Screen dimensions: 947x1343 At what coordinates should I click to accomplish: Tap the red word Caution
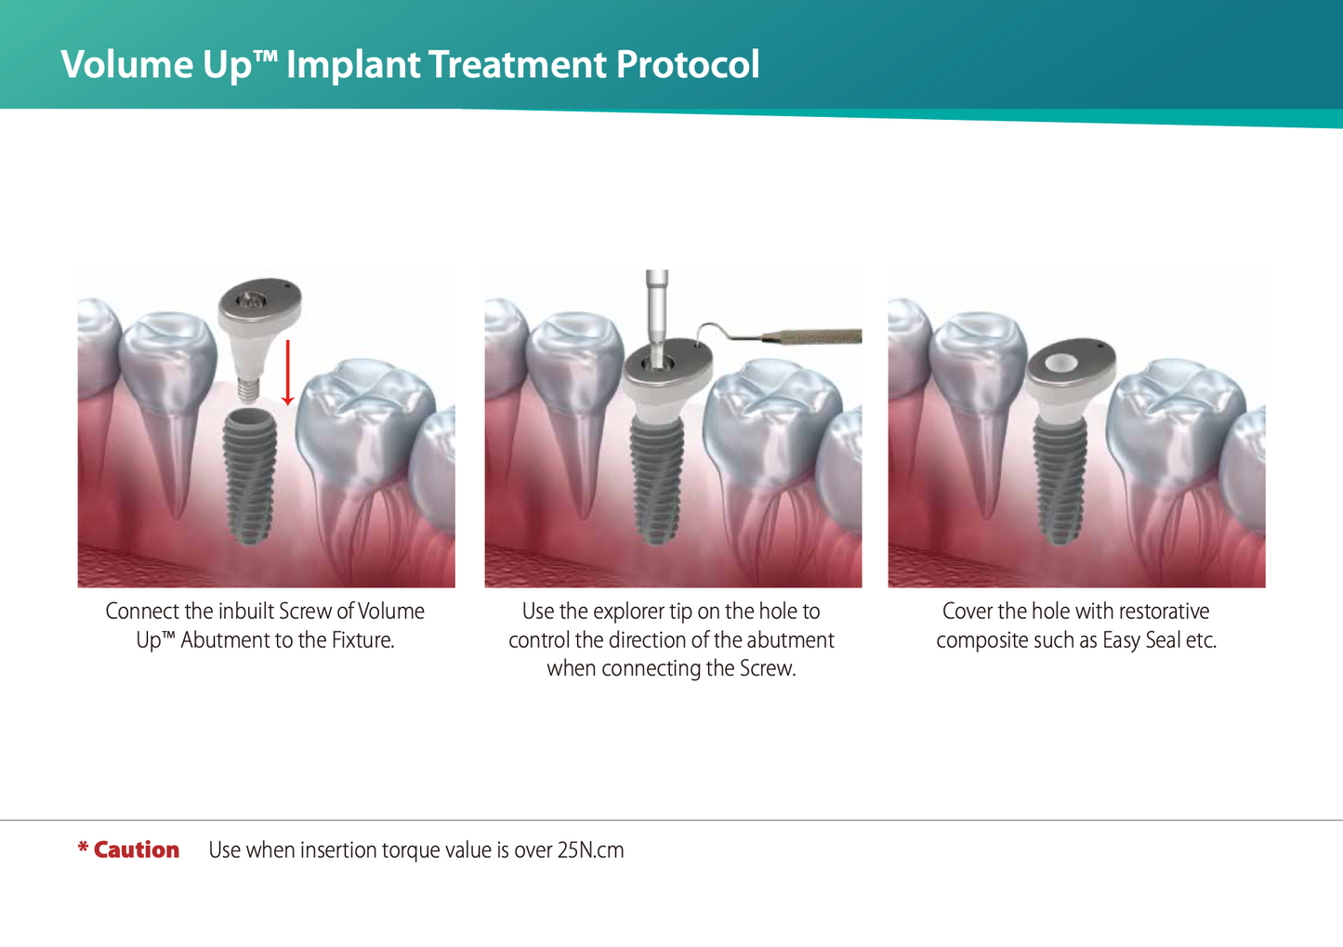pos(136,850)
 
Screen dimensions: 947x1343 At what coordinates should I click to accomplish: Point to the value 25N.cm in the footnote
pos(590,850)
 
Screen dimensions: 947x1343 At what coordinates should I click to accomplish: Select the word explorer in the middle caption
pos(628,612)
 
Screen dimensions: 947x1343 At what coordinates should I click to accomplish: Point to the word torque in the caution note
pos(408,850)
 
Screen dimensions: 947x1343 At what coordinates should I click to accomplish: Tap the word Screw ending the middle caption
pos(769,669)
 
